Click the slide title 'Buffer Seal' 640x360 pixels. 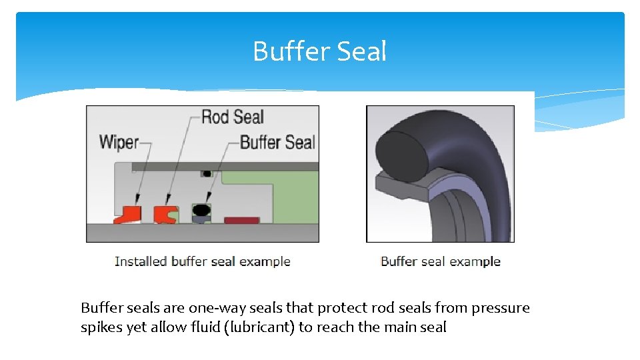tap(319, 51)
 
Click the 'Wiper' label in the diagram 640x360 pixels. tap(119, 141)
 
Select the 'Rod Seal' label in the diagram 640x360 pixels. tap(232, 117)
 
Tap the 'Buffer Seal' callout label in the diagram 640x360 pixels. tap(277, 142)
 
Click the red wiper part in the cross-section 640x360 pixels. tap(129, 214)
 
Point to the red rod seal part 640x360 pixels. tap(164, 215)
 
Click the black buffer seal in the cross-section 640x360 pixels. tap(201, 212)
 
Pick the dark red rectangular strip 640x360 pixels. tap(237, 220)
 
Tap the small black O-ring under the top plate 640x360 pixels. tap(207, 173)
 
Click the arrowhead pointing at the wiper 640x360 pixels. tap(137, 199)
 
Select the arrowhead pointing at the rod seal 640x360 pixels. tap(167, 199)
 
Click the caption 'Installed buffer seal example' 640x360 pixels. tap(202, 261)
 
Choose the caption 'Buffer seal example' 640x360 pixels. tap(440, 261)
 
